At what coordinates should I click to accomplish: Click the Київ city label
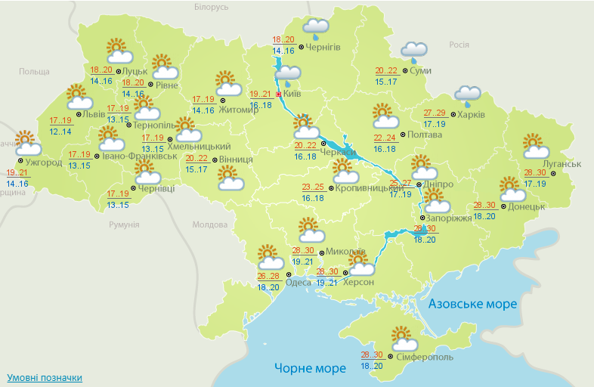pyautogui.click(x=292, y=94)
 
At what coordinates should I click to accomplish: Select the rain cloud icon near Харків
pyautogui.click(x=467, y=94)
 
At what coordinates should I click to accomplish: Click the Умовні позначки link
pyautogui.click(x=45, y=377)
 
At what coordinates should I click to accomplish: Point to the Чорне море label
pyautogui.click(x=310, y=368)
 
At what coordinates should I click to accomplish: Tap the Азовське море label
pyautogui.click(x=472, y=304)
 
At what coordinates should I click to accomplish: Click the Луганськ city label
pyautogui.click(x=562, y=164)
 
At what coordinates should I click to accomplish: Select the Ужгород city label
pyautogui.click(x=44, y=163)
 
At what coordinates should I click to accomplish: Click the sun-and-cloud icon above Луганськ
pyautogui.click(x=534, y=145)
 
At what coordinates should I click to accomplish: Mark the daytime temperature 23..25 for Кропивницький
pyautogui.click(x=313, y=187)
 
